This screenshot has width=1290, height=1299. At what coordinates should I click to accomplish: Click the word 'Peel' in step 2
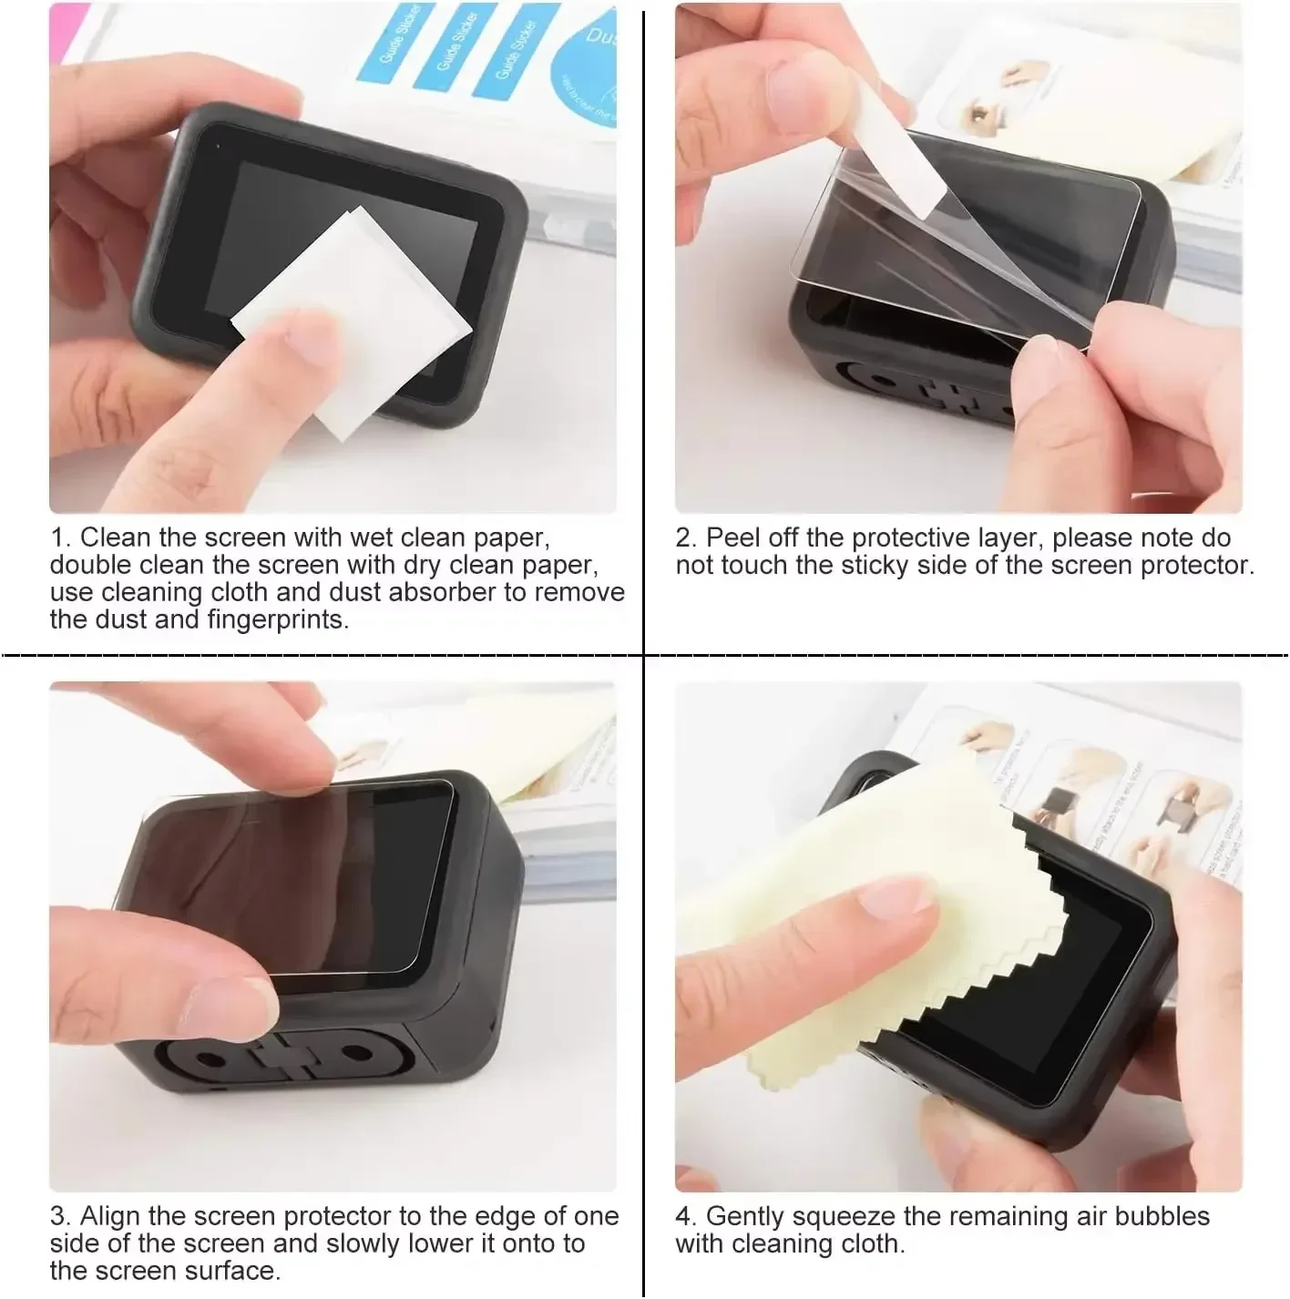[734, 537]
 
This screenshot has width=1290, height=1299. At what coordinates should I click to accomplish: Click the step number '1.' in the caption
[60, 537]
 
